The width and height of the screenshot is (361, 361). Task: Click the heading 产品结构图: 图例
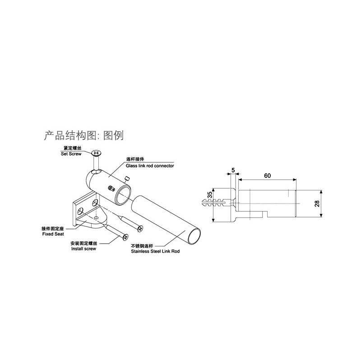[x=84, y=135]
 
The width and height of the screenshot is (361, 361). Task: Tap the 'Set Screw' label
[x=71, y=154]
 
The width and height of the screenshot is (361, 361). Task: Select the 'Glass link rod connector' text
[x=150, y=166]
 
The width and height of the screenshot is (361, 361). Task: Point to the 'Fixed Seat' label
[x=53, y=234]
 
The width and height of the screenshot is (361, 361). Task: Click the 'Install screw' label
[x=83, y=249]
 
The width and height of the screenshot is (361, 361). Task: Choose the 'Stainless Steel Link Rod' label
[x=155, y=251]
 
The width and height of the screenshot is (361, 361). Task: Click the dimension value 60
[x=267, y=176]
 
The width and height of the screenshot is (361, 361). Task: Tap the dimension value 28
[x=317, y=204]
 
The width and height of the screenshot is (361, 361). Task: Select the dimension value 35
[x=210, y=195]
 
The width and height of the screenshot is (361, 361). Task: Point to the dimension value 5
[x=233, y=171]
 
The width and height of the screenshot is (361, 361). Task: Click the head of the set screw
[x=96, y=153]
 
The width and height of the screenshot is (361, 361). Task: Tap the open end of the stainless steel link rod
[x=194, y=236]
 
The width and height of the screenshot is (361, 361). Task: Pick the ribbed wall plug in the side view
[x=216, y=202]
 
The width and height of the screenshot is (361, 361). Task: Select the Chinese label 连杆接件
[x=135, y=159]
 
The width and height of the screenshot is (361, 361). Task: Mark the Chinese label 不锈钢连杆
[x=142, y=246]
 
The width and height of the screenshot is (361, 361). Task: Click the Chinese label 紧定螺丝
[x=73, y=148]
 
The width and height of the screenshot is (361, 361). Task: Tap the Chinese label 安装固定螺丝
[x=84, y=243]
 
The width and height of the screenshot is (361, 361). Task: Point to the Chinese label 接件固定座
[x=52, y=229]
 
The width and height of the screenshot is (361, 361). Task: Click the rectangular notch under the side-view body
[x=265, y=214]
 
